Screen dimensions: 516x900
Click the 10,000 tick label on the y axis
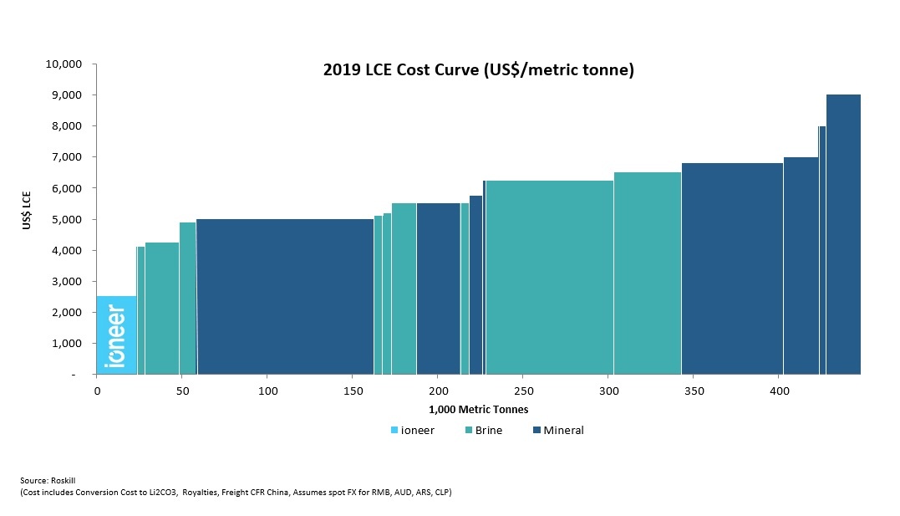coord(63,64)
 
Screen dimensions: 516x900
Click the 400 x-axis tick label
coord(779,391)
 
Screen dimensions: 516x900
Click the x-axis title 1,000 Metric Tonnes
coord(478,409)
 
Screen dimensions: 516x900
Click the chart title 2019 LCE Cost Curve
coord(479,70)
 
